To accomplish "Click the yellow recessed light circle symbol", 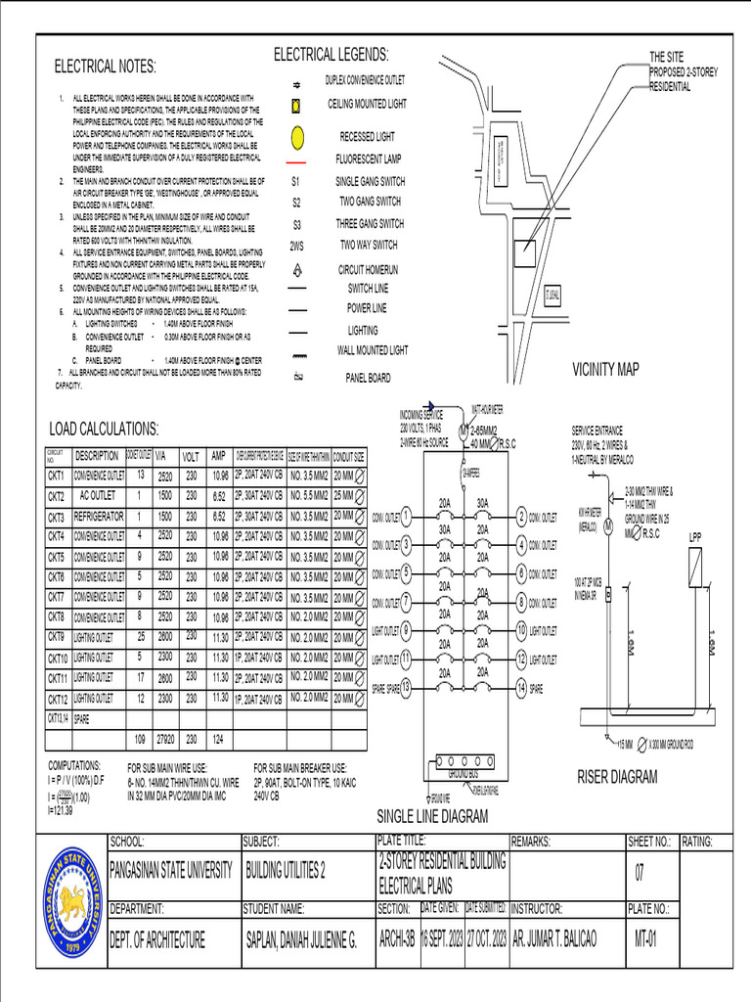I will click(297, 136).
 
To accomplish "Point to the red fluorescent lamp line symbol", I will click(297, 159).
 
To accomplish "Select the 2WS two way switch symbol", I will click(297, 245).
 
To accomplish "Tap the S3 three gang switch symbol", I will click(297, 224).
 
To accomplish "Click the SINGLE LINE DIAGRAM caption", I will click(431, 817).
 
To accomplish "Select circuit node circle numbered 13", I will click(406, 689).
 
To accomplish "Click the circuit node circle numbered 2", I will click(523, 517).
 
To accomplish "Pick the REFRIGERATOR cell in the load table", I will click(98, 517).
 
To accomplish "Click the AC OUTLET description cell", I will click(98, 496).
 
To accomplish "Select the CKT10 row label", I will click(58, 658).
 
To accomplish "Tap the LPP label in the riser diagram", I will click(695, 537).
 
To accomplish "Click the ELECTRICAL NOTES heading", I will click(105, 67).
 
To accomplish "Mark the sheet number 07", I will click(641, 870).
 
